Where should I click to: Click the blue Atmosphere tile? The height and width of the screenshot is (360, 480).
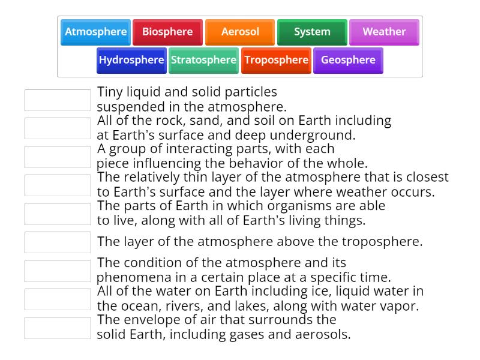tap(96, 32)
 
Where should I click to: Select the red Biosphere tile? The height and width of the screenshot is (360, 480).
tap(167, 32)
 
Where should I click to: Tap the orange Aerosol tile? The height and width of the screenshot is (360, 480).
tap(240, 32)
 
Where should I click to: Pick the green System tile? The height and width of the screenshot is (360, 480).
tap(312, 32)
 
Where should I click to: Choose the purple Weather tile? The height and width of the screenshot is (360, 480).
tap(384, 32)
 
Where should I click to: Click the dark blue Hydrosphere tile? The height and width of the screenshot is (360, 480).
tap(131, 60)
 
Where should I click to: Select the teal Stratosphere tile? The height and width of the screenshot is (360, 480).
tap(203, 60)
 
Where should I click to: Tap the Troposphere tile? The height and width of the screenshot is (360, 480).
tap(276, 60)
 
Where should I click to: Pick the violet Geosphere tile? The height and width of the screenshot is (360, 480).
tap(348, 60)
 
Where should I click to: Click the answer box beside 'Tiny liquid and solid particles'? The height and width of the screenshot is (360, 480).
tap(58, 100)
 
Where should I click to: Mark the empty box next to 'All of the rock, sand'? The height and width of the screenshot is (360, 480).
tap(58, 128)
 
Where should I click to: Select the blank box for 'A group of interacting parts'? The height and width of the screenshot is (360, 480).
tap(58, 157)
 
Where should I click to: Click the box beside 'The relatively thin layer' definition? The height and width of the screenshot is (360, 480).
tap(58, 185)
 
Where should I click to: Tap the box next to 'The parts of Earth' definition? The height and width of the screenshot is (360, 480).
tap(58, 214)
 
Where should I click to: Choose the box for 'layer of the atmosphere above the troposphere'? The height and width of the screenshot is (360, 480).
tap(58, 242)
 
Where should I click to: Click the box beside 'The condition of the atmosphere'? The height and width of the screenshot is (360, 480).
tap(58, 271)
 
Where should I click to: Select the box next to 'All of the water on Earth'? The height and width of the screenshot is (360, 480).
tap(58, 299)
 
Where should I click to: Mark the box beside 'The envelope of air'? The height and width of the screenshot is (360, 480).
tap(58, 328)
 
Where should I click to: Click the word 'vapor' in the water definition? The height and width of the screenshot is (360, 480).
tap(401, 306)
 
